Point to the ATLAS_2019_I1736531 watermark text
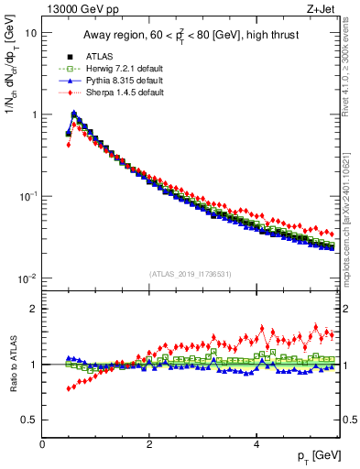(191, 274)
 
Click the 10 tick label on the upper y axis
(30, 33)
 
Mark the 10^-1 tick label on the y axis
(27, 197)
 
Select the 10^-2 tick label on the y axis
(27, 278)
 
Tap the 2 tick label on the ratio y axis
(34, 309)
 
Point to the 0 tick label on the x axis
(43, 443)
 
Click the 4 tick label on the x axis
(256, 443)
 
